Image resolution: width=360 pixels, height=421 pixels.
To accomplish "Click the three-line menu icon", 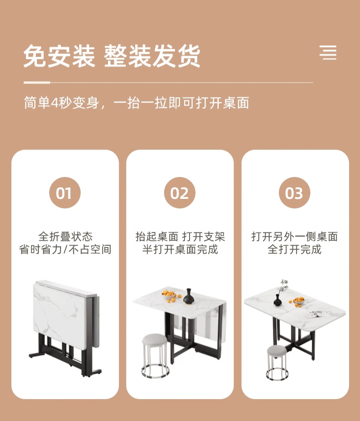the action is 328,52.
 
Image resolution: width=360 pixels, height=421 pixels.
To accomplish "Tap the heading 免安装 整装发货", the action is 112,56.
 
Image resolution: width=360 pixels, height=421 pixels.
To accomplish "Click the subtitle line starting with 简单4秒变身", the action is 137,103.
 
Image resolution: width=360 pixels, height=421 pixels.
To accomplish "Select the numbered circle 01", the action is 65,193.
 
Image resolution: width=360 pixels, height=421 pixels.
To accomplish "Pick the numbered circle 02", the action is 180,193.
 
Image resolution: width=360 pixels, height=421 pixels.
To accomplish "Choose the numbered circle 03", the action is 294,193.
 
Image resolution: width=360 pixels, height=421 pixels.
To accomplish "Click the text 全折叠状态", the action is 66,237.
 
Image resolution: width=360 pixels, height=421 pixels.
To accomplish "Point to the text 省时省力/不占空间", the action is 65,249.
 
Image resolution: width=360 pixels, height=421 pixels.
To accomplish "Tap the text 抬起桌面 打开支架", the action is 180,237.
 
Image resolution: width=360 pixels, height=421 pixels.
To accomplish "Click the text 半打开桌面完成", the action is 180,249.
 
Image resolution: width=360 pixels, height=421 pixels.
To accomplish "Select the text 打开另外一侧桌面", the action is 294,237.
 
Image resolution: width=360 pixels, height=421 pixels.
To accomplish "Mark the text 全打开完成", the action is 294,249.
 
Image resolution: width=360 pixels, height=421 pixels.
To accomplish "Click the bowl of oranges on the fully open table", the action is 298,301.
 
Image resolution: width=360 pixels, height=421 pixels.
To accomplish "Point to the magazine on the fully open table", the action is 315,314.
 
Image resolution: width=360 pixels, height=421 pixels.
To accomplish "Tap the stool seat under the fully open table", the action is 277,351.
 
